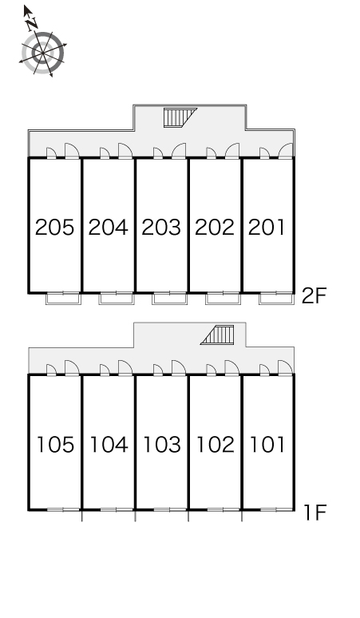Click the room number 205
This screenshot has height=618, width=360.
coord(54,228)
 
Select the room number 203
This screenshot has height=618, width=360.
coord(161,228)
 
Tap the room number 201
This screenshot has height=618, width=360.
coord(267,228)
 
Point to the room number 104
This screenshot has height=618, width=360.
coord(109,445)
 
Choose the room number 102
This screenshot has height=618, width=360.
coord(215,445)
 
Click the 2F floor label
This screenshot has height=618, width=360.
coord(315,296)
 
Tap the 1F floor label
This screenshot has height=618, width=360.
coord(315,513)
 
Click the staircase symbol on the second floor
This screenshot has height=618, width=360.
coord(180,117)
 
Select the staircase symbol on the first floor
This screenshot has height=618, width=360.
coord(217,335)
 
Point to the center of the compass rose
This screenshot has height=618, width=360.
coord(42,53)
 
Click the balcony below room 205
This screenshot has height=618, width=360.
coord(63,299)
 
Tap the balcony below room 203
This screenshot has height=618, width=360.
coord(170,299)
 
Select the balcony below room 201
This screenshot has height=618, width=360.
coord(276,299)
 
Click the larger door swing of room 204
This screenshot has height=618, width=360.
coord(125,151)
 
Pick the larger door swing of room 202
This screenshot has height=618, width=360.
coord(232,151)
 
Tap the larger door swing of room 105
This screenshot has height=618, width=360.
coord(72,368)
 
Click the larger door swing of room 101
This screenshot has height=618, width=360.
coord(285,368)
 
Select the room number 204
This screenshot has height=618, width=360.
coord(108,228)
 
